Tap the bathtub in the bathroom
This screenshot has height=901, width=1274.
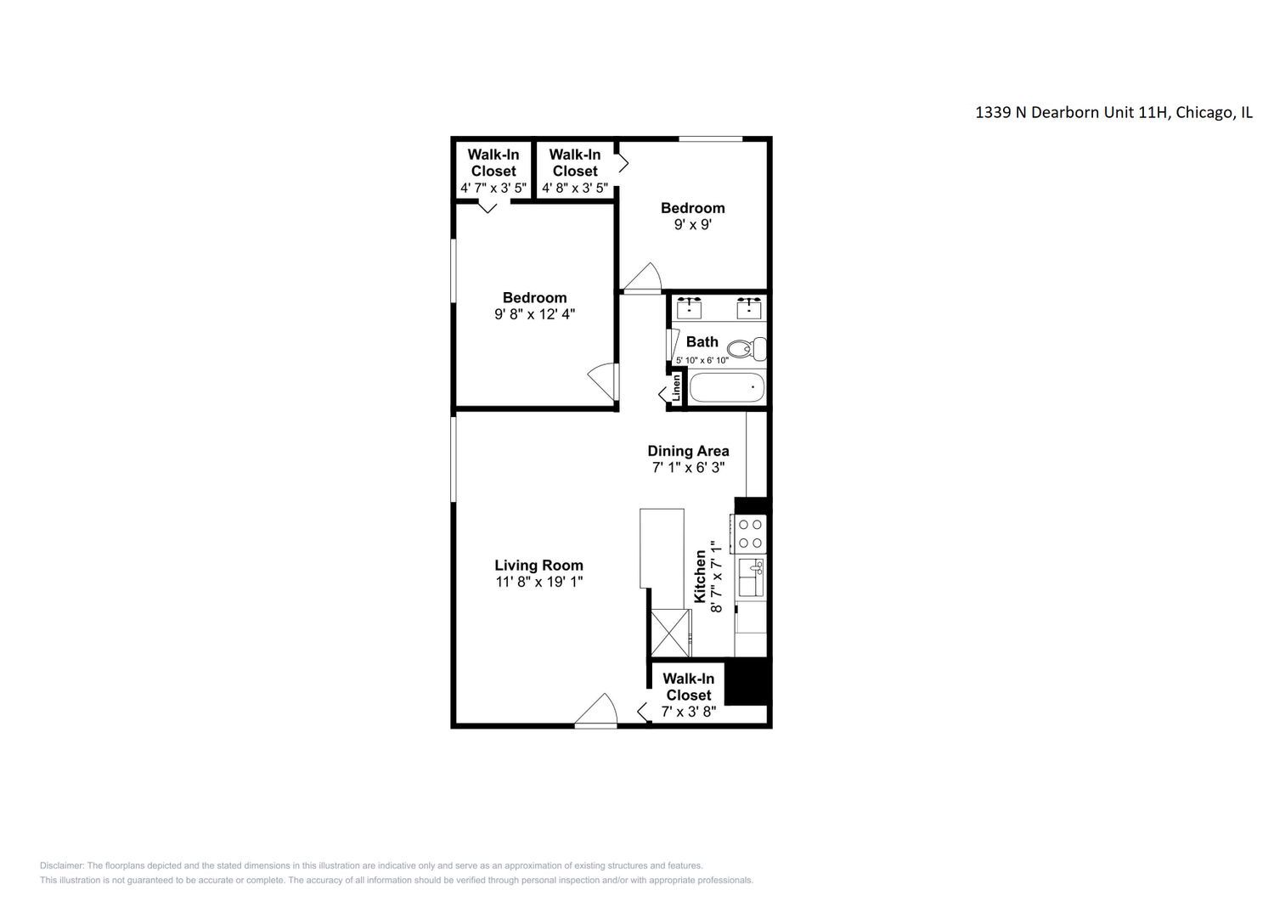726,390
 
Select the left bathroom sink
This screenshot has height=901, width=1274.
689,308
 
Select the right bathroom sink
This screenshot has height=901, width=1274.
748,308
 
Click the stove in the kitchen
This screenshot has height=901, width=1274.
750,533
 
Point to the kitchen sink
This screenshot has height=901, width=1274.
750,577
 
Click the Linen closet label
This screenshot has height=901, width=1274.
677,388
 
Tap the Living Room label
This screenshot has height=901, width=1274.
538,566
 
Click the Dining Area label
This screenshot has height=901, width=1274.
688,451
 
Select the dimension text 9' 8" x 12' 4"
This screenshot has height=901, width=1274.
534,314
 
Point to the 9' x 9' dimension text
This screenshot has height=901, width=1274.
693,225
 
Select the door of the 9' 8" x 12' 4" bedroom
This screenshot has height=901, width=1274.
602,379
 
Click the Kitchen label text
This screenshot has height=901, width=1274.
700,577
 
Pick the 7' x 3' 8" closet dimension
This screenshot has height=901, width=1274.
688,712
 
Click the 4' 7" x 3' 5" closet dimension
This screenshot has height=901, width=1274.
493,188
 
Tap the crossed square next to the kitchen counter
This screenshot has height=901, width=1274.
670,633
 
